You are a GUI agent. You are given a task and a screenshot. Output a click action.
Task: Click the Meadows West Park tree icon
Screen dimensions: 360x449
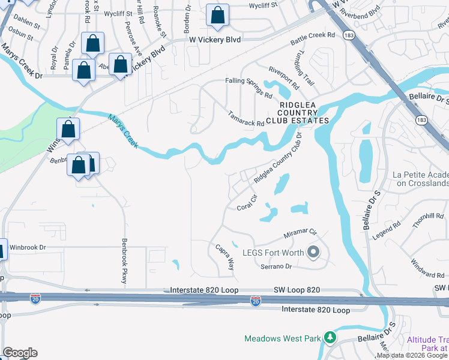(x=329, y=338)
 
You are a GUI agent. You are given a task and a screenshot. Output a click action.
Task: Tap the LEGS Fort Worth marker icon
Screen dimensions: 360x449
(x=313, y=253)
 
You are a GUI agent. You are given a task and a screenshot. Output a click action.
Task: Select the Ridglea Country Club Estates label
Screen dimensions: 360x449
(x=304, y=112)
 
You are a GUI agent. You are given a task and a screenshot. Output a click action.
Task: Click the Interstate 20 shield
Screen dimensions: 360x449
(x=256, y=300)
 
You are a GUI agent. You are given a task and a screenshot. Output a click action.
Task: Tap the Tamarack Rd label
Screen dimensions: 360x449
(x=246, y=118)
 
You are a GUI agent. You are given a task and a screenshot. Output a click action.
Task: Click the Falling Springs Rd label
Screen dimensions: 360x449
(x=248, y=88)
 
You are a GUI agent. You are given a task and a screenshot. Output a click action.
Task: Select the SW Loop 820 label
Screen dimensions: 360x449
(x=298, y=290)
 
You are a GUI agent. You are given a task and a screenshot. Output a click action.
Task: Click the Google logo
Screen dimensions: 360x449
(x=20, y=353)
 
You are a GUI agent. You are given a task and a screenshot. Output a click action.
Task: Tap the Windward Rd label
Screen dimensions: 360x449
(x=429, y=275)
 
